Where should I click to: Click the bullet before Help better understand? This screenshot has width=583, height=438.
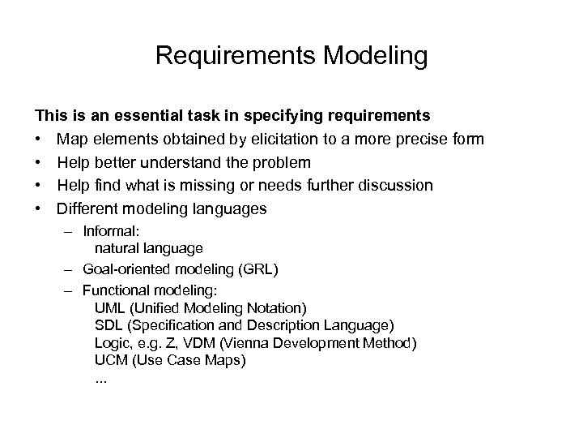coord(37,162)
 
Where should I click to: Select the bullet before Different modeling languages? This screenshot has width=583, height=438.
coord(37,208)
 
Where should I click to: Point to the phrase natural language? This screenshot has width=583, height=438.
coord(148,247)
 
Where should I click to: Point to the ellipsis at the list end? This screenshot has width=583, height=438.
coord(100,378)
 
